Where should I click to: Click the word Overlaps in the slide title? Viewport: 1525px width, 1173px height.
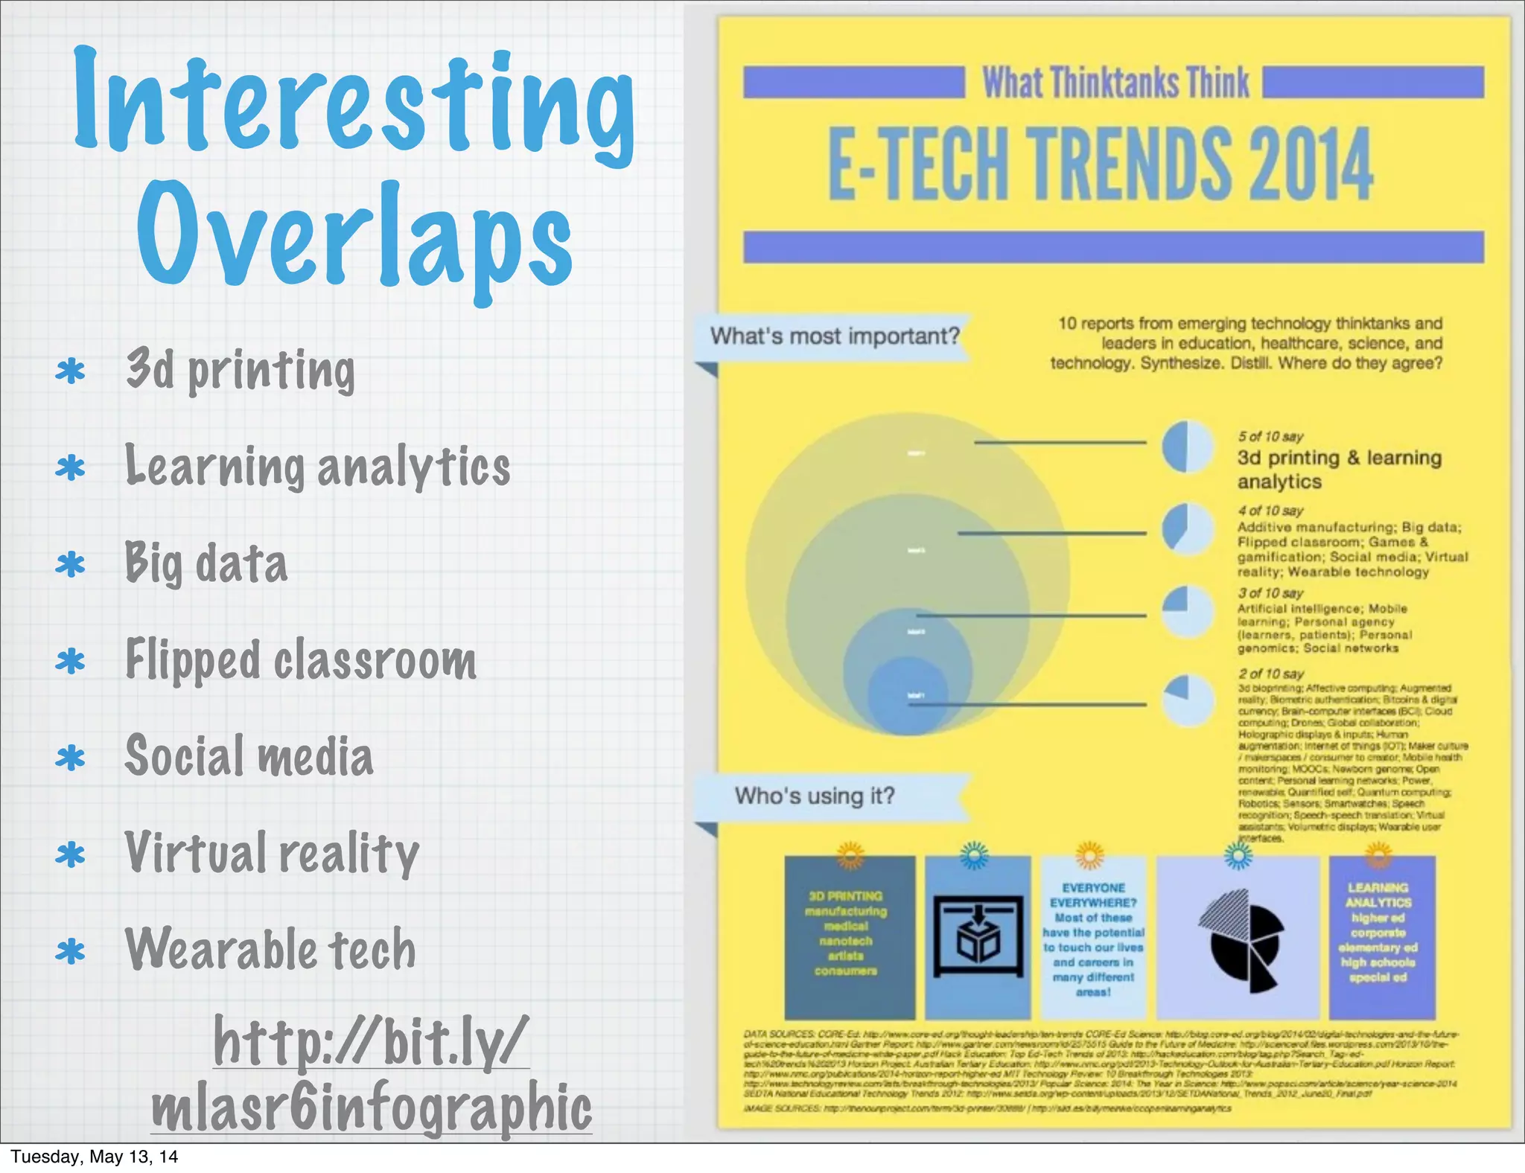click(354, 237)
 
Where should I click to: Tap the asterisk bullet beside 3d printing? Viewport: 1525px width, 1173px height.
click(71, 371)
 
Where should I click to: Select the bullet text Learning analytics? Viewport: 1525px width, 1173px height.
click(318, 467)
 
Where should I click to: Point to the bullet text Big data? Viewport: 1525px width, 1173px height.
click(206, 563)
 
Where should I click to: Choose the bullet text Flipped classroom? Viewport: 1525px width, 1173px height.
click(301, 660)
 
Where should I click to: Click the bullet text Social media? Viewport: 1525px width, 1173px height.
click(249, 756)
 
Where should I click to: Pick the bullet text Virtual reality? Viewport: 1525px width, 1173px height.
click(272, 853)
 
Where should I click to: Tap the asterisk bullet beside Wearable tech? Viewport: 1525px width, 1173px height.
click(71, 952)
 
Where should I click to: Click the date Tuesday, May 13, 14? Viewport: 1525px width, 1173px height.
click(95, 1157)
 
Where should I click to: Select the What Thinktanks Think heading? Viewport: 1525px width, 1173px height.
click(1115, 83)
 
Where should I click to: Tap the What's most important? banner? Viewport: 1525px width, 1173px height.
click(834, 336)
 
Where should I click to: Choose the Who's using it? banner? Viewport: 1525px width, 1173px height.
click(815, 796)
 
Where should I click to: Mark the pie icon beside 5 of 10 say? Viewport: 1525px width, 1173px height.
click(1187, 446)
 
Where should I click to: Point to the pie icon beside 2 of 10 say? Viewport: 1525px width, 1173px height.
click(1187, 700)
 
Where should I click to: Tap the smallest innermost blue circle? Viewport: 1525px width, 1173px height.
click(907, 696)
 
